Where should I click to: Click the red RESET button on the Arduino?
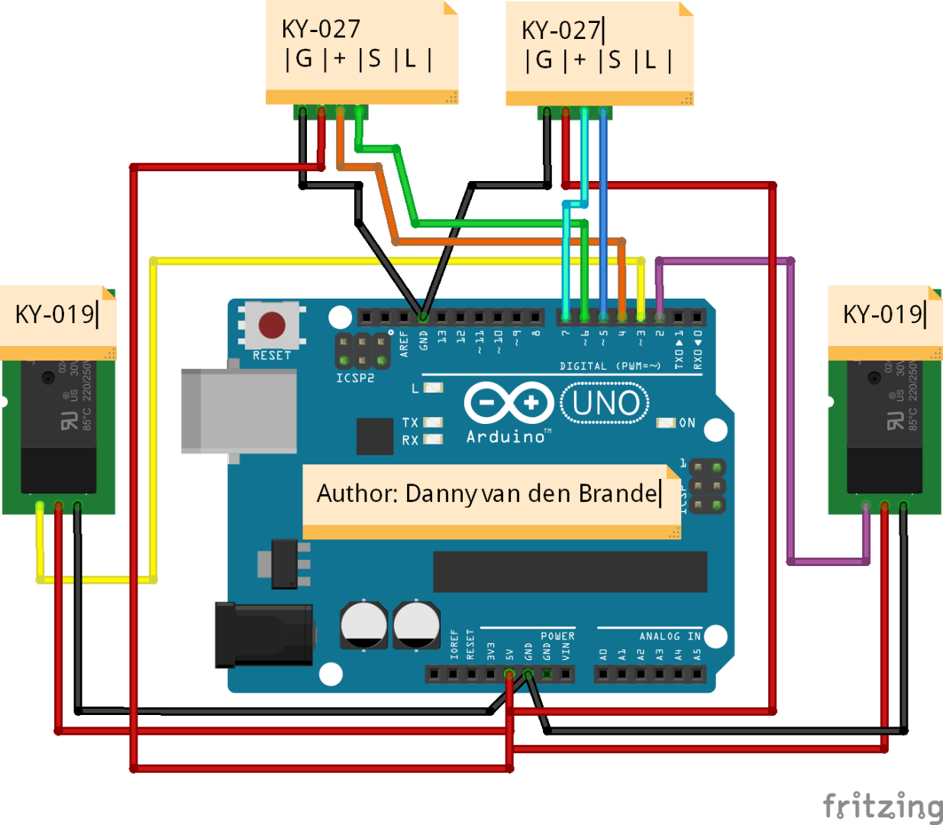pos(272,325)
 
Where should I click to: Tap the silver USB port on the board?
pos(238,412)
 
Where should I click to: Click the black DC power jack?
pos(264,634)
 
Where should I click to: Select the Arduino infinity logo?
pos(509,403)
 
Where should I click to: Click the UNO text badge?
pos(605,403)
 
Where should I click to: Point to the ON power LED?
pos(667,422)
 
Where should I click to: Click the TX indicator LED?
pos(433,422)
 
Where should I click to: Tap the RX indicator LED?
pos(433,439)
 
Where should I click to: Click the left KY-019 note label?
pos(57,315)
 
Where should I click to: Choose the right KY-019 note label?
pos(884,315)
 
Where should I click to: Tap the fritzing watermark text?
pos(883,807)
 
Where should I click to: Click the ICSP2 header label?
pos(355,378)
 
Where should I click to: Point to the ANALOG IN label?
pos(670,636)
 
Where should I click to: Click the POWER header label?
pos(557,636)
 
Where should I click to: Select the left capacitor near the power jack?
pos(363,624)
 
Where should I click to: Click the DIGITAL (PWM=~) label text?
pos(610,367)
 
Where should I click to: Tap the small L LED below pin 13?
pos(433,388)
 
